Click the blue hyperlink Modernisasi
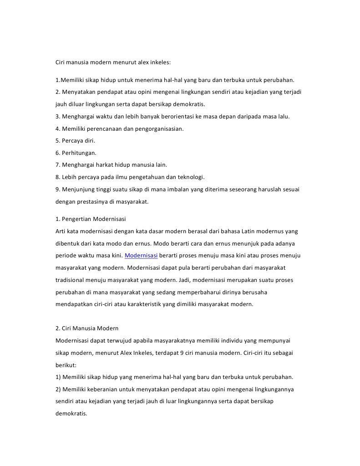(141, 256)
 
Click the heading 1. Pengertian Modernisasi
(91, 219)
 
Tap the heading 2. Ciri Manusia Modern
(87, 328)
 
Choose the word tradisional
(71, 280)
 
